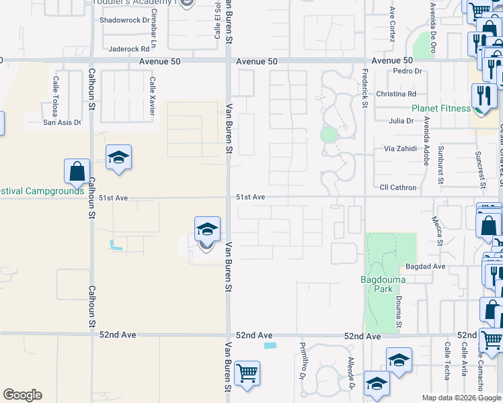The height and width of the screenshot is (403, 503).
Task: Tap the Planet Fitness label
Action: click(441, 108)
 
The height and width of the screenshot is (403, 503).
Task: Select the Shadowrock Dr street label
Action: click(124, 20)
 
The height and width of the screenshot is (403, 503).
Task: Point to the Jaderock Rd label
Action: click(128, 49)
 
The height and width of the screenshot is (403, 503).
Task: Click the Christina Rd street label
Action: click(396, 94)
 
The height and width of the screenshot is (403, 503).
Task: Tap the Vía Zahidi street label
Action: click(400, 148)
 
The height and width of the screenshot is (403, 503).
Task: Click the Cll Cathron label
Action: click(398, 187)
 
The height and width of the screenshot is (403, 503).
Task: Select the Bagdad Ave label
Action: click(430, 267)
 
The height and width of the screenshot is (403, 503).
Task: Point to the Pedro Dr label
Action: click(408, 71)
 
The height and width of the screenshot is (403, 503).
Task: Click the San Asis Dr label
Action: click(62, 122)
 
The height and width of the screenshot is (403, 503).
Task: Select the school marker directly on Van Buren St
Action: click(207, 230)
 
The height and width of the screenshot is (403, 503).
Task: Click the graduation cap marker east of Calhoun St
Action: click(118, 157)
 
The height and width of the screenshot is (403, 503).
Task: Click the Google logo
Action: click(22, 395)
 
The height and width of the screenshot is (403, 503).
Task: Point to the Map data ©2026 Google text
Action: click(461, 398)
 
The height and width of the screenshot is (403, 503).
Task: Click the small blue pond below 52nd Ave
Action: click(270, 346)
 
